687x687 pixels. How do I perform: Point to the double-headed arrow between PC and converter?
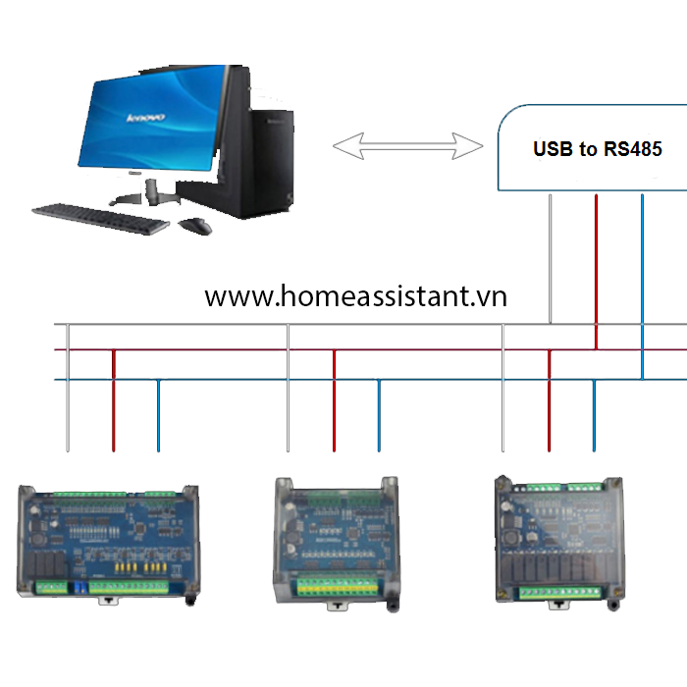(407, 147)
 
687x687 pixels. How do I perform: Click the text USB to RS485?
(597, 149)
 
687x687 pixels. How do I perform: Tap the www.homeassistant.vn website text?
(355, 296)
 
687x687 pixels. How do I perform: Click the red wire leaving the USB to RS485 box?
(596, 265)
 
